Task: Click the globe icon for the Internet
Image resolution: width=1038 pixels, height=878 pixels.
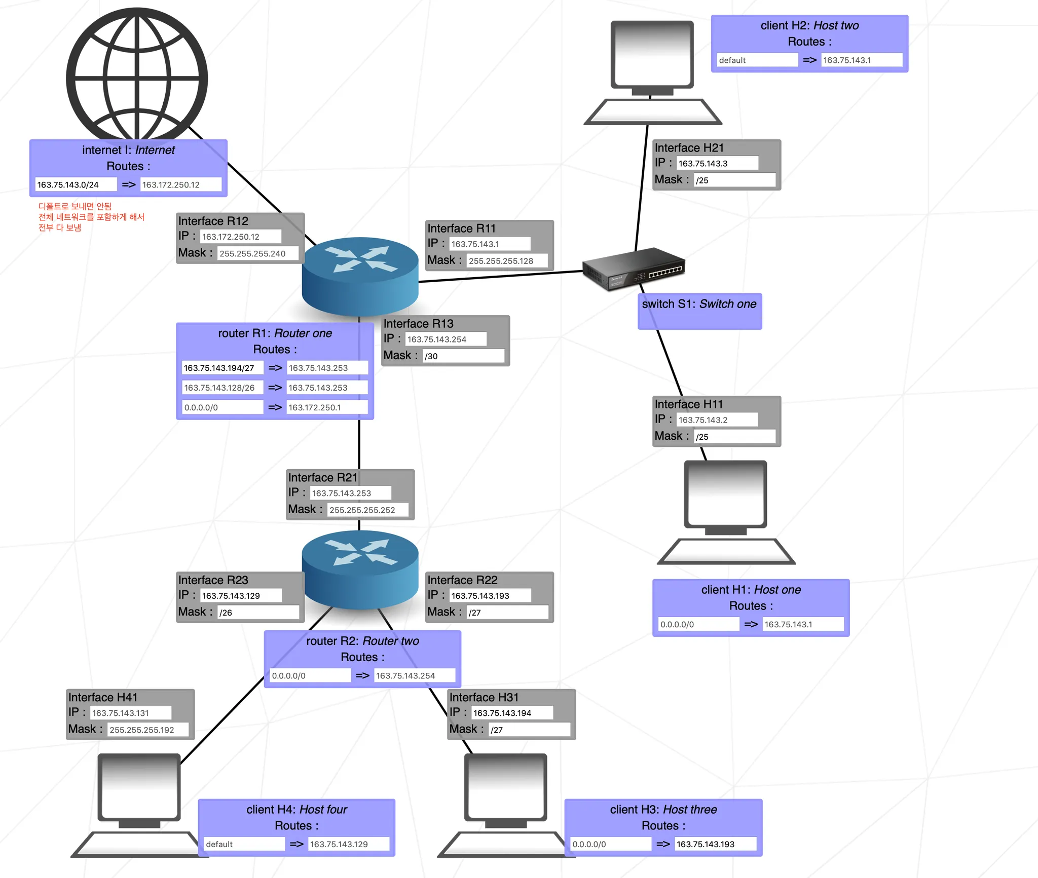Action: point(137,76)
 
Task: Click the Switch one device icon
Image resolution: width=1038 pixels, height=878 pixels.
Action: point(634,269)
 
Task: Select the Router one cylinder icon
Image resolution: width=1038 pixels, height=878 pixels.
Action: point(360,276)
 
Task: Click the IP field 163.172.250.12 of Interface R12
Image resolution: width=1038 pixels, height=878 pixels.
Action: point(240,237)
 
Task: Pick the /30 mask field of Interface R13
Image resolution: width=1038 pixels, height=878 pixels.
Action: point(463,356)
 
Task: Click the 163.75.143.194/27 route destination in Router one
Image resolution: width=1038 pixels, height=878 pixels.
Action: point(222,368)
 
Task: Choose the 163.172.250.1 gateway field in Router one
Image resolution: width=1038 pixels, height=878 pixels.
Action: point(327,407)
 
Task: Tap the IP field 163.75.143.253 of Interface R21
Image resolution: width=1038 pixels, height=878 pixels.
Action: point(350,493)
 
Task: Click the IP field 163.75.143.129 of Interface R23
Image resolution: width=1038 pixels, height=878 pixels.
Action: point(241,596)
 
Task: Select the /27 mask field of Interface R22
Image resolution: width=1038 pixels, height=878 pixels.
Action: point(507,613)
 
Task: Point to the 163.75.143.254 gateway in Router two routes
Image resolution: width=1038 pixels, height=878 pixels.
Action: point(414,675)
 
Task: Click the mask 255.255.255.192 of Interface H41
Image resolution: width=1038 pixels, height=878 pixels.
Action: point(147,730)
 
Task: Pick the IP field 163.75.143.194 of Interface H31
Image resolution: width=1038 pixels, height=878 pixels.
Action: point(511,713)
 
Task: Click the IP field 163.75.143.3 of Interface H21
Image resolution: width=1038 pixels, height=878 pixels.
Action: point(717,163)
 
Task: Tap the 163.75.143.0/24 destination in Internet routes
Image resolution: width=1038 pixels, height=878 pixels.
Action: point(76,184)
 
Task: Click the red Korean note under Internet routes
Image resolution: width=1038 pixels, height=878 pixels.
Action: point(91,217)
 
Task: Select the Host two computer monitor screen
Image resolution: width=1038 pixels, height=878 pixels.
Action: point(652,53)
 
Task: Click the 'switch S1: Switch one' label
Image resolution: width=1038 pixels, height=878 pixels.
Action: point(699,304)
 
